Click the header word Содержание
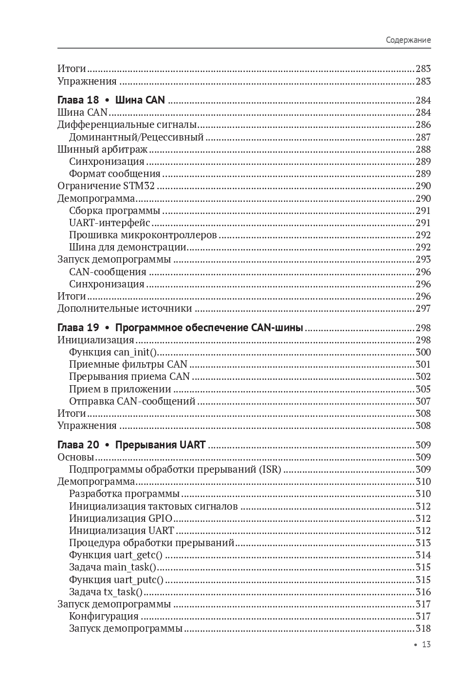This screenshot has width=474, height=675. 408,40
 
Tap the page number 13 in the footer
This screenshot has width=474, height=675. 426,644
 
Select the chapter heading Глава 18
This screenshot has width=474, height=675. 78,100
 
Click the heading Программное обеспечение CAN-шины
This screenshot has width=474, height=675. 209,328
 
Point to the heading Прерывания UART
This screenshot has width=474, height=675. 160,444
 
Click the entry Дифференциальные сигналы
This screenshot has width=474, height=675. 127,125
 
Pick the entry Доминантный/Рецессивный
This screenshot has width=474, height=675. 136,137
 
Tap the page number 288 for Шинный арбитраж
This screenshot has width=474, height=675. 423,149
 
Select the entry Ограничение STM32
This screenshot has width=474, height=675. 106,186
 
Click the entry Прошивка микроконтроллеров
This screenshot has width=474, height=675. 143,235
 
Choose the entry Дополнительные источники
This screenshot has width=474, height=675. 125,308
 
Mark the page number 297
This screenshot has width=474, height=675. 423,308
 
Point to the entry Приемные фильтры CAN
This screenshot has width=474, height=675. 128,364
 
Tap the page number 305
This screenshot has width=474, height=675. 423,389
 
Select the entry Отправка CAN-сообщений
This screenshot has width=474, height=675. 132,401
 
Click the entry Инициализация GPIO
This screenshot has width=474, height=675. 121,518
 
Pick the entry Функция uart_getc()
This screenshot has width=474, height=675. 116,555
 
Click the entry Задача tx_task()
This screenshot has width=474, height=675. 106,592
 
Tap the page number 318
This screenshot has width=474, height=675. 423,628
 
